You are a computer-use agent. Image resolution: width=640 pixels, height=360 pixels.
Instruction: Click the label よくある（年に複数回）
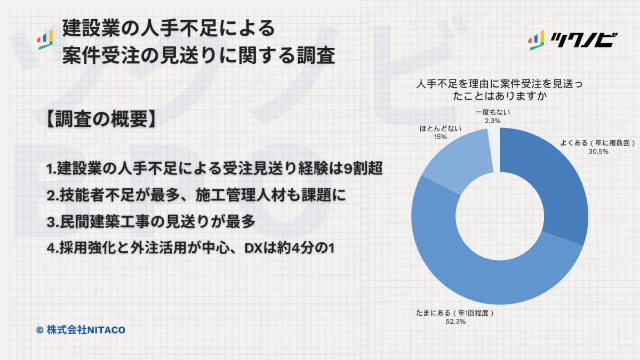point(598,143)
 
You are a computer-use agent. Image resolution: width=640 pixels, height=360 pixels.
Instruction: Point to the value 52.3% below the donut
point(455,322)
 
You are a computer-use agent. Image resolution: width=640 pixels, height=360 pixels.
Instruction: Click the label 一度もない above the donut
point(493,113)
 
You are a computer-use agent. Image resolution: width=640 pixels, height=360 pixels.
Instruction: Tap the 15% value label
point(441,137)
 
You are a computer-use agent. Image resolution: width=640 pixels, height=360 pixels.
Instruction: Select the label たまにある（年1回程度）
point(455,313)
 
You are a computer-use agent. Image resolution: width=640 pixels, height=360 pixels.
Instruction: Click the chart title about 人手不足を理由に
point(500,90)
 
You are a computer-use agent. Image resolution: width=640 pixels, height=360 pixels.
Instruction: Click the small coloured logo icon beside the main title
point(45,39)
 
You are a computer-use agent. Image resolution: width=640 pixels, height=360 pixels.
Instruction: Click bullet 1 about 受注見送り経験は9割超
point(214,169)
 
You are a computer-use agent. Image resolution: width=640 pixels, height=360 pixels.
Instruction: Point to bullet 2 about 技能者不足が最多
point(196,195)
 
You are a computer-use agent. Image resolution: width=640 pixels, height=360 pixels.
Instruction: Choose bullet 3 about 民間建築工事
point(151,221)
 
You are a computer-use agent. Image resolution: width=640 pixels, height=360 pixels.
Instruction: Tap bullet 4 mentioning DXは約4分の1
point(190,248)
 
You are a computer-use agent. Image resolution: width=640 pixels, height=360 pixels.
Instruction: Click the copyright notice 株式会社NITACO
point(81,330)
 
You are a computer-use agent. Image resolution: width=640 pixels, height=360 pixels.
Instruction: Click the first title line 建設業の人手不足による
point(169,28)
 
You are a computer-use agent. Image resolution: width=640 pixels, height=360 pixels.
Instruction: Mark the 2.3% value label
point(493,121)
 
